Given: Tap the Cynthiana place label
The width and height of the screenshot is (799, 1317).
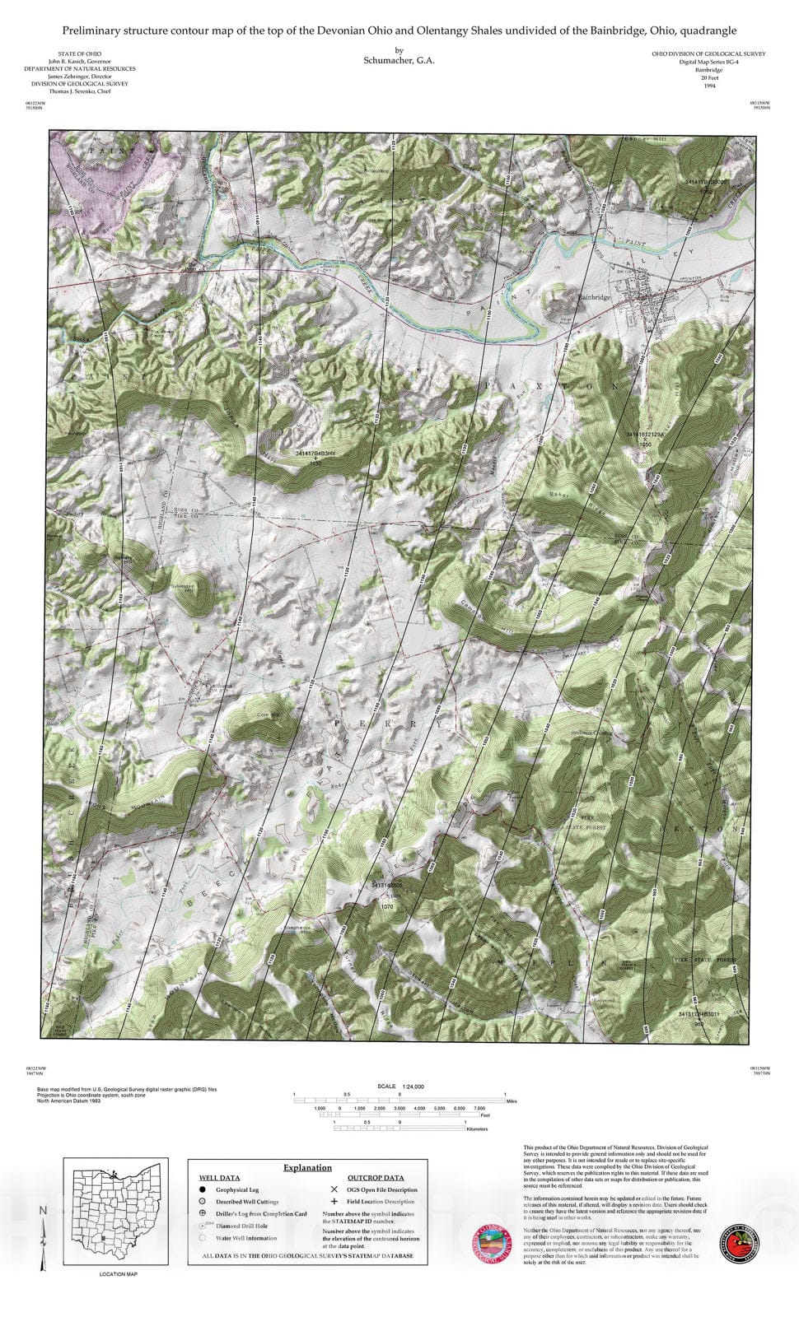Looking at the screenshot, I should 218,685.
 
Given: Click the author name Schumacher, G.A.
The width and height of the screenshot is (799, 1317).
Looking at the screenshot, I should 399,60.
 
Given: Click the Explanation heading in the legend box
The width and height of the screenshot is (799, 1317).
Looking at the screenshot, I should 307,1167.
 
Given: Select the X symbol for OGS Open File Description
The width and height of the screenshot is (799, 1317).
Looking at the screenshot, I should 334,1189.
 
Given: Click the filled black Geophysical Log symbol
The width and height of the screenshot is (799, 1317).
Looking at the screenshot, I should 202,1189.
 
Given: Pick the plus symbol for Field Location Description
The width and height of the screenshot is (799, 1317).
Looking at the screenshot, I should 334,1202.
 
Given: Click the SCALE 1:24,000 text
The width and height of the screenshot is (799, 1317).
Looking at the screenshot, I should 399,1087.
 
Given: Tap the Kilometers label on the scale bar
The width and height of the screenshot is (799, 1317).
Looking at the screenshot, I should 477,1129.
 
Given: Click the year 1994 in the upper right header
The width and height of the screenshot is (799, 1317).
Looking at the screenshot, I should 709,86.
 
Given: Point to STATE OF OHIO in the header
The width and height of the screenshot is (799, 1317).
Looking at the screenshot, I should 79,54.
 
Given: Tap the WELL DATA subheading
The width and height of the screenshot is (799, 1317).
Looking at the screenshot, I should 219,1178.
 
